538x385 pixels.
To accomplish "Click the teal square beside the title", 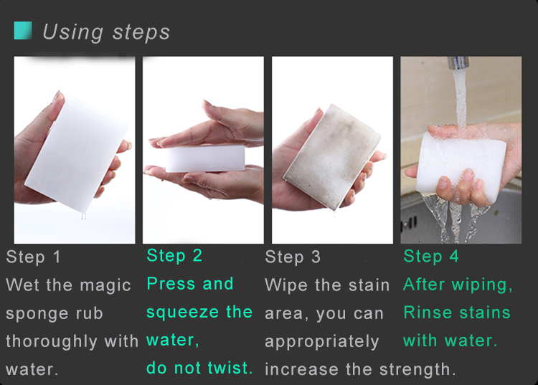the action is coord(23,31).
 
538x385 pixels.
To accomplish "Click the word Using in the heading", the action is coord(72,32).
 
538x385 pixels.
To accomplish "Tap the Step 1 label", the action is coord(33,257).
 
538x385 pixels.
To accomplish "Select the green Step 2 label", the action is coord(174,256).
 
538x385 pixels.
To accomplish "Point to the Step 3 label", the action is coord(293,257).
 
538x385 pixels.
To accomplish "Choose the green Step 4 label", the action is coord(431,256).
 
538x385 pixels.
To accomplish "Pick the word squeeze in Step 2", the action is coord(183,313).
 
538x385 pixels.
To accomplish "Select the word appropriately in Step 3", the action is coord(322,342).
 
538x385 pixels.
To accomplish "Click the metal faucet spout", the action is coord(458,62).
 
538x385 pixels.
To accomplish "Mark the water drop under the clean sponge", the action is coord(83,217).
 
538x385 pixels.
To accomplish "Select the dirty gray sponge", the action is coord(332,157).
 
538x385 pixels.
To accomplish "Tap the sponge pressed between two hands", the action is coord(205,158).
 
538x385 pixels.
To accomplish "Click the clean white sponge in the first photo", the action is coord(77,154).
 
